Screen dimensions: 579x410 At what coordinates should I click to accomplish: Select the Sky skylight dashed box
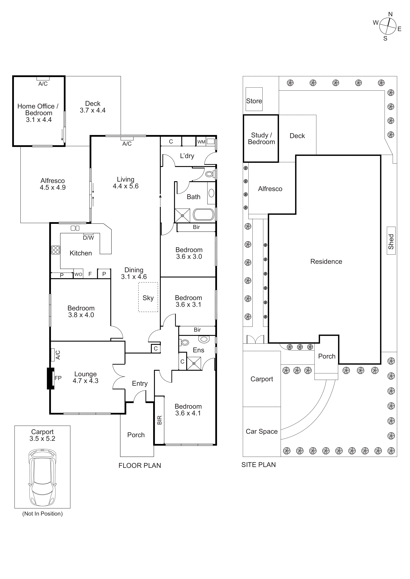[x=148, y=297]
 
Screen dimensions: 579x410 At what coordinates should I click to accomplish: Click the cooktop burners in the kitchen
[x=56, y=250]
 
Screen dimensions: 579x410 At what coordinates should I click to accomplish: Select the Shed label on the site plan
[x=391, y=242]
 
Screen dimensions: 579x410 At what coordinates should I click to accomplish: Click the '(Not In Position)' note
[x=42, y=514]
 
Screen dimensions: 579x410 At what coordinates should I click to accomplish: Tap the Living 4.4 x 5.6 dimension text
[x=125, y=186]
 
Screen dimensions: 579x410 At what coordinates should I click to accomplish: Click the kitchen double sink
[x=75, y=228]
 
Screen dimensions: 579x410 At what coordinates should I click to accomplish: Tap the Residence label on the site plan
[x=326, y=261]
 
